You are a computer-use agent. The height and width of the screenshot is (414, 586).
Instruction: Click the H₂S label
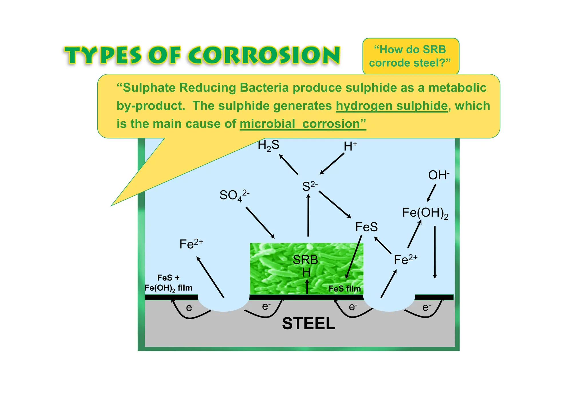pos(268,145)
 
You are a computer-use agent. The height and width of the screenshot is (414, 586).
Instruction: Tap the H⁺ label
pos(350,146)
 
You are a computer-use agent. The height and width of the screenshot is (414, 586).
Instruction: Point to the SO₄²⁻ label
pos(234,195)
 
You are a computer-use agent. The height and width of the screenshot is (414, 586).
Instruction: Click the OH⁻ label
pos(438,175)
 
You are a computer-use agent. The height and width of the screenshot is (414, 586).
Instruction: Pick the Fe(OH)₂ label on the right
pos(425,213)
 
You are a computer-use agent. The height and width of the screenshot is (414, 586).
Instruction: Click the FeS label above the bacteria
pos(366,227)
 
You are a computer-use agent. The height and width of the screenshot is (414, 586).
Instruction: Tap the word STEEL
pos(308,324)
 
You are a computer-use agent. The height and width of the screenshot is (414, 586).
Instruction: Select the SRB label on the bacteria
pos(305,260)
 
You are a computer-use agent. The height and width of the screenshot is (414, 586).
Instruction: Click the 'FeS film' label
pos(345,289)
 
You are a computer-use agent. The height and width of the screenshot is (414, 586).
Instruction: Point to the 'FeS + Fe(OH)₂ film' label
pos(168,283)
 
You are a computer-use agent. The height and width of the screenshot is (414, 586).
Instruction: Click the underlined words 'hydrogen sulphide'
pos(391,106)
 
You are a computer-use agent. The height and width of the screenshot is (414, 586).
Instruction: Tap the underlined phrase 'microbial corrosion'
pos(303,124)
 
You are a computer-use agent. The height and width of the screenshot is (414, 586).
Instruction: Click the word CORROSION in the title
pos(264,55)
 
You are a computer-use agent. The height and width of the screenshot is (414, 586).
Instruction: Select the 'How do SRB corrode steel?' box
pos(411,56)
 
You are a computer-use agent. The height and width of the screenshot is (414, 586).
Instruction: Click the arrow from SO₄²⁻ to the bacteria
pos(260,222)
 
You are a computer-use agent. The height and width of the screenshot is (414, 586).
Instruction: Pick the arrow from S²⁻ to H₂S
pos(288,164)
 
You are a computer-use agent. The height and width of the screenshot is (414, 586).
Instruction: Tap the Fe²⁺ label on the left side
pos(191,244)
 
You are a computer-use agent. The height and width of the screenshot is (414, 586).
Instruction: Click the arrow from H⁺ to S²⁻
pos(332,164)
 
